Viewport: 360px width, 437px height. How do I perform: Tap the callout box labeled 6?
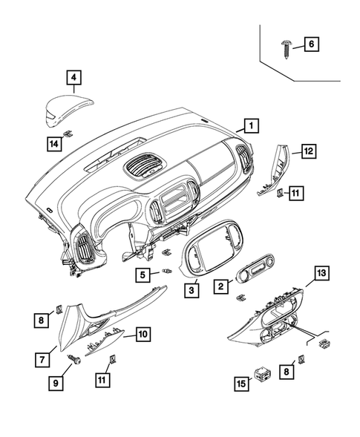(x=312, y=45)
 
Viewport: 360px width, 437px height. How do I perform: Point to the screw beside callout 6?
(x=286, y=45)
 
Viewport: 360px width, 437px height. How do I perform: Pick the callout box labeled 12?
(x=307, y=151)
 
